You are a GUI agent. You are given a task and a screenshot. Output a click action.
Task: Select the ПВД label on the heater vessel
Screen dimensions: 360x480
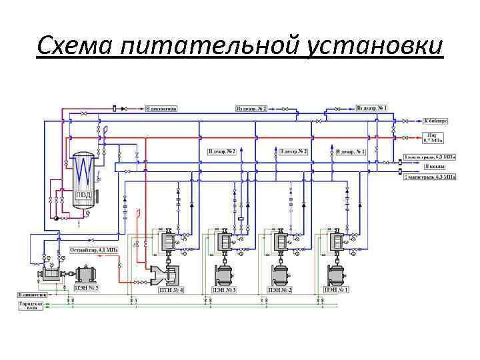click(83, 195)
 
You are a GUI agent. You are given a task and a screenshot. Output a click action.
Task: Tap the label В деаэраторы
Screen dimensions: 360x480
click(161, 108)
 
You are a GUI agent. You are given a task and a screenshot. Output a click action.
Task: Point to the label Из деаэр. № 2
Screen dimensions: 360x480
click(251, 108)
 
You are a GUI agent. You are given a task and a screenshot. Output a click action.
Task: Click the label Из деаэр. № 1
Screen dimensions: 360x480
click(371, 108)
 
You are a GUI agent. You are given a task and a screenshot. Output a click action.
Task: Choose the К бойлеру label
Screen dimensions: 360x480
click(435, 121)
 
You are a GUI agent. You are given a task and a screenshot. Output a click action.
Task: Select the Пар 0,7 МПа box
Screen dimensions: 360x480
click(433, 139)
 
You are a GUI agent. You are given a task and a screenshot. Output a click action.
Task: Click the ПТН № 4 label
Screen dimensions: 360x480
click(171, 290)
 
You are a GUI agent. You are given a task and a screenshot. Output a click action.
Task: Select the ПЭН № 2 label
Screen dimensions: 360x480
click(280, 290)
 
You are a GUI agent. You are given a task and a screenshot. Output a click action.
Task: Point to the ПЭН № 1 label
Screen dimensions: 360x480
click(336, 290)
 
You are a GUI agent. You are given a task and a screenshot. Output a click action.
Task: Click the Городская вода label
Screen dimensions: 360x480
click(31, 305)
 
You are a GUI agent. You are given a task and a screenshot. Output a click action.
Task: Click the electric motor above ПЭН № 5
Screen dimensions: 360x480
click(86, 274)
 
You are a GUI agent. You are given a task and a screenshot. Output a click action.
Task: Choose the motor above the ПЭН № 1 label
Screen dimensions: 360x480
click(336, 273)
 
